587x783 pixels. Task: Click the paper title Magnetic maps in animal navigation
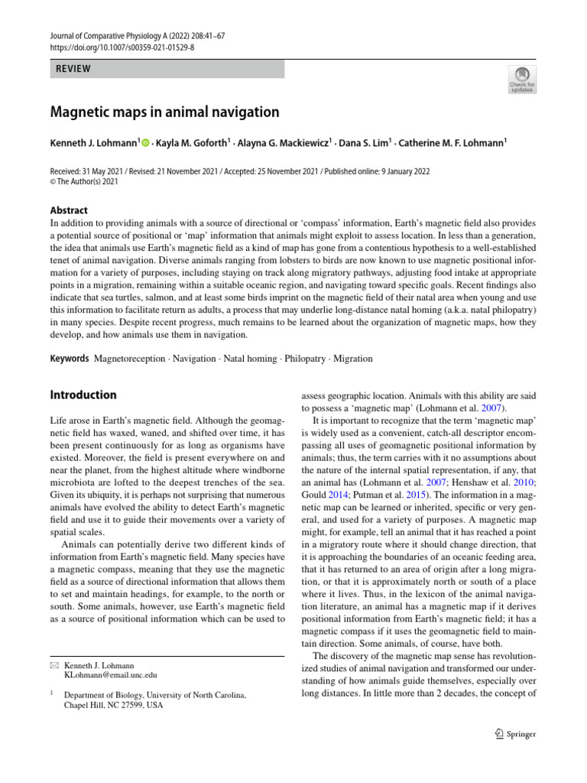[164, 112]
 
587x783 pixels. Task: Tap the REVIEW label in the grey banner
[73, 69]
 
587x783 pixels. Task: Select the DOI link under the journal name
[122, 47]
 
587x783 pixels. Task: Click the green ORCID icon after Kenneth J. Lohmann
[146, 143]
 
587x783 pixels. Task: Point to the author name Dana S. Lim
[365, 143]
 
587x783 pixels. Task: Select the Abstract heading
[69, 210]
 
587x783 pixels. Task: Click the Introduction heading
[83, 395]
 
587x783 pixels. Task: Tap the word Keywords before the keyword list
[70, 358]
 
